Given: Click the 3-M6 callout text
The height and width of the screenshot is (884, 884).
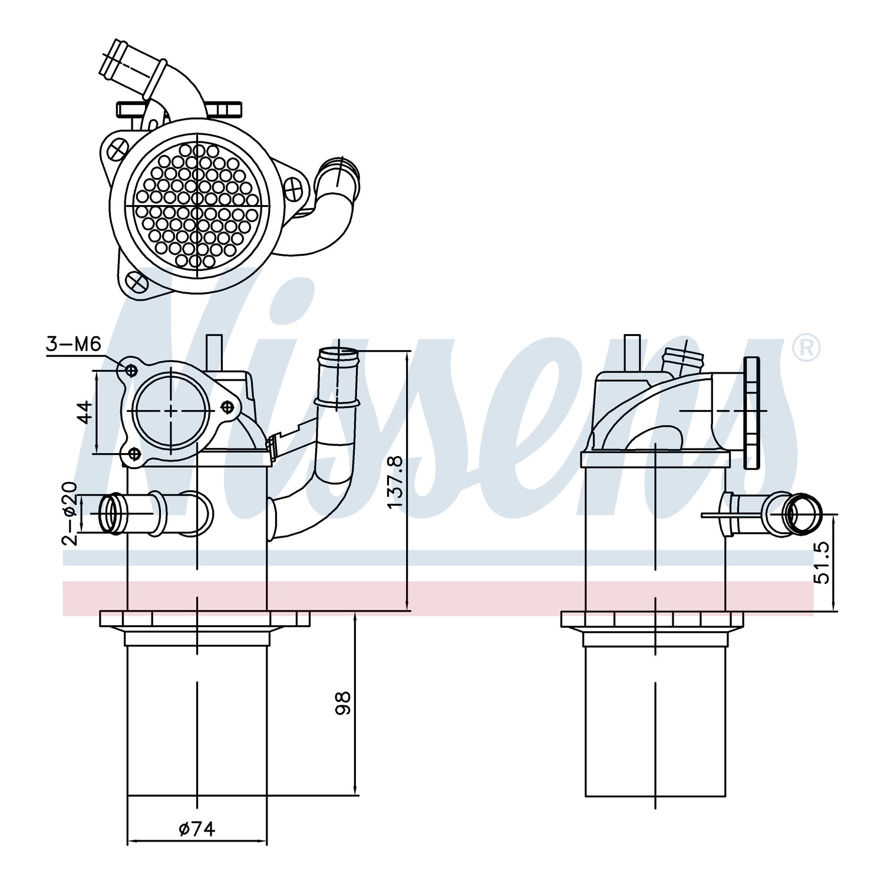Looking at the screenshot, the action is click(x=74, y=344).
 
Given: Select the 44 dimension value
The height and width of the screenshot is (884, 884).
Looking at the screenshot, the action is click(x=86, y=412).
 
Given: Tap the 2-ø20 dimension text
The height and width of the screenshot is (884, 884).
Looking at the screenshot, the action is click(x=70, y=514).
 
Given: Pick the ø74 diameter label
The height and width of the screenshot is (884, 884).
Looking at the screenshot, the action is click(x=197, y=829).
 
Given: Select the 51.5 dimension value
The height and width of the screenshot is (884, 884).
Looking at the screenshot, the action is click(x=821, y=563).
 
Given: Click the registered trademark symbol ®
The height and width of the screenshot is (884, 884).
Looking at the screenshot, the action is click(x=805, y=348).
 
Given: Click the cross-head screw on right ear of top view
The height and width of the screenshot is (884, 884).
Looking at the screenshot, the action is click(x=293, y=189).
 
